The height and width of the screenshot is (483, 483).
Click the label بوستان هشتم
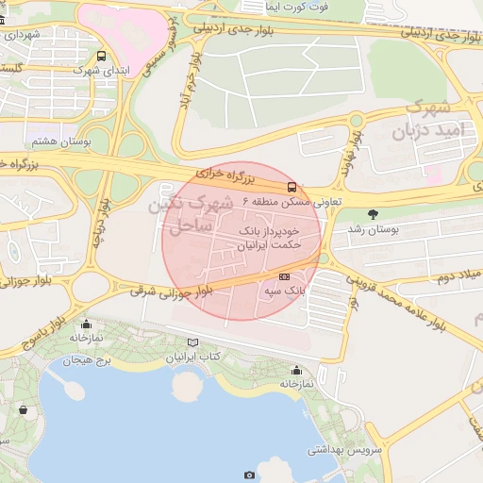pos(58,141)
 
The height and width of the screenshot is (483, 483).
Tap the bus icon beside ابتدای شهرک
pos(101,56)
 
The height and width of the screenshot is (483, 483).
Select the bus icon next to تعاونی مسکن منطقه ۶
pos(292,187)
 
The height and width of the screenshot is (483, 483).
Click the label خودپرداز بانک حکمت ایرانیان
pos(268,237)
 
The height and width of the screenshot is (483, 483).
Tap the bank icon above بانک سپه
pos(285,276)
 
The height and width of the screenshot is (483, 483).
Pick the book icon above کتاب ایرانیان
pos(193,342)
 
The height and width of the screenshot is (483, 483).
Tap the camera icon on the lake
pos(249,475)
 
